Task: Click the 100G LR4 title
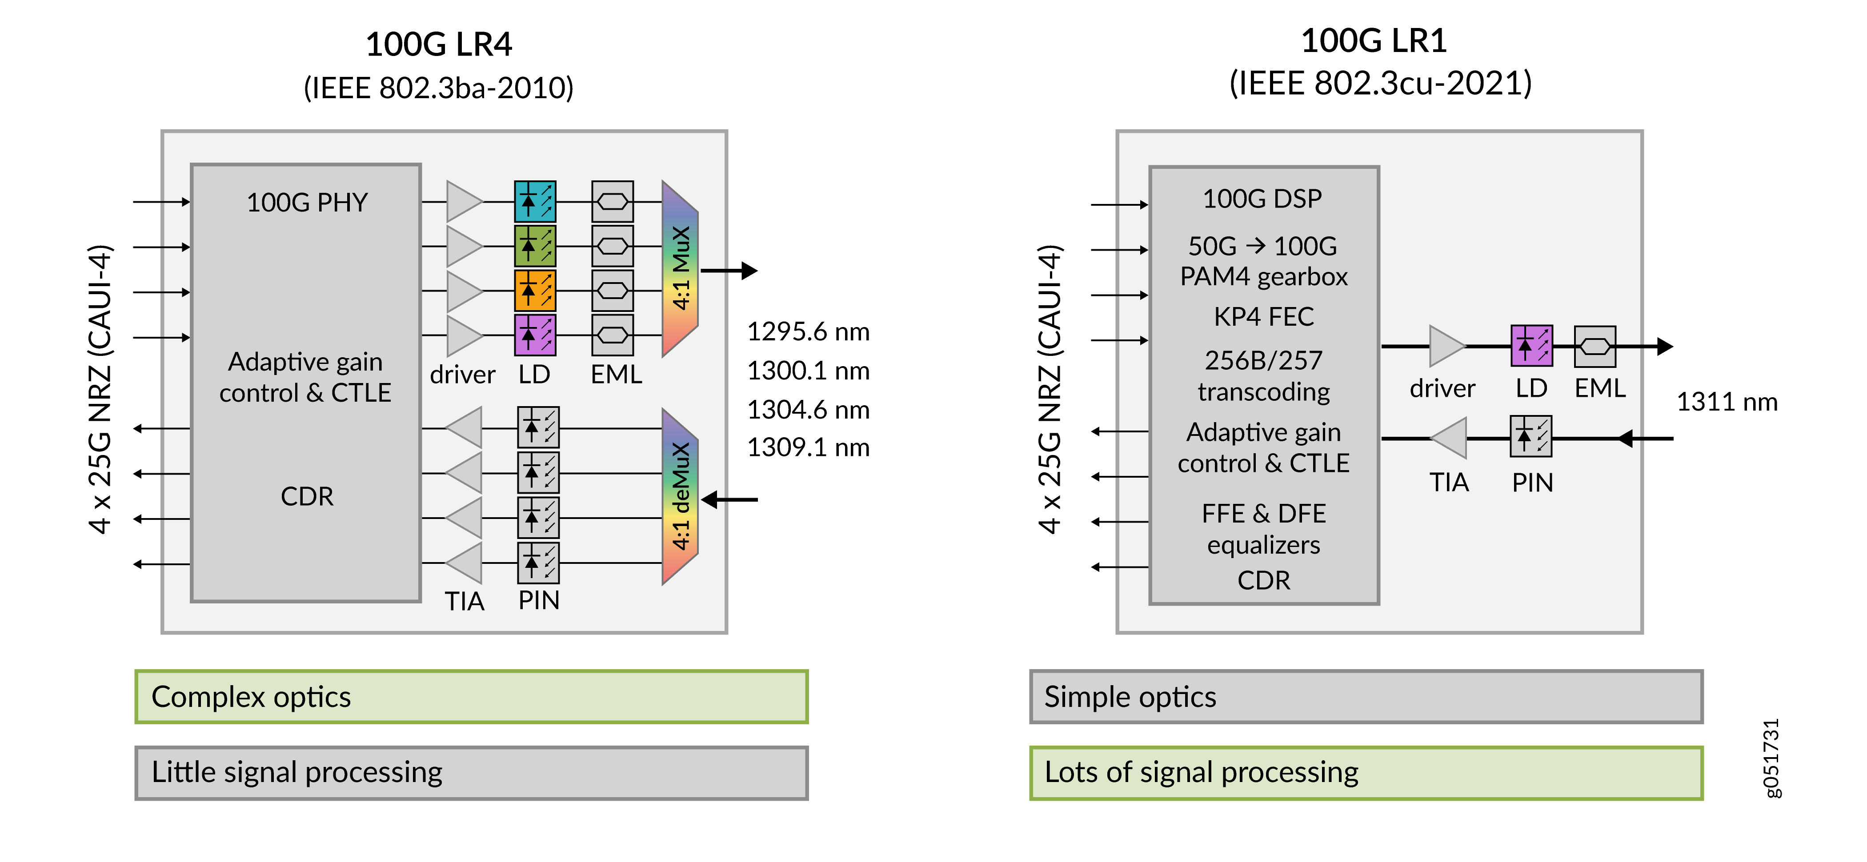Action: tap(438, 45)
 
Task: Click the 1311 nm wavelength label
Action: tap(1727, 402)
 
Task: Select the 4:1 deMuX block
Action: tap(680, 496)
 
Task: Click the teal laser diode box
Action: tap(535, 201)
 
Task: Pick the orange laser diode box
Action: tap(535, 291)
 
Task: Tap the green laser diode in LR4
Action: tap(535, 246)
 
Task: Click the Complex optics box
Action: tap(471, 697)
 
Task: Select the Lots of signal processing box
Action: tap(1366, 773)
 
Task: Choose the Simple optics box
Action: tap(1366, 697)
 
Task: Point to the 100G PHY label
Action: tap(307, 203)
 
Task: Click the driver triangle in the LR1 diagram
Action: tap(1445, 346)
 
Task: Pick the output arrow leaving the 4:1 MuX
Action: tap(729, 271)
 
